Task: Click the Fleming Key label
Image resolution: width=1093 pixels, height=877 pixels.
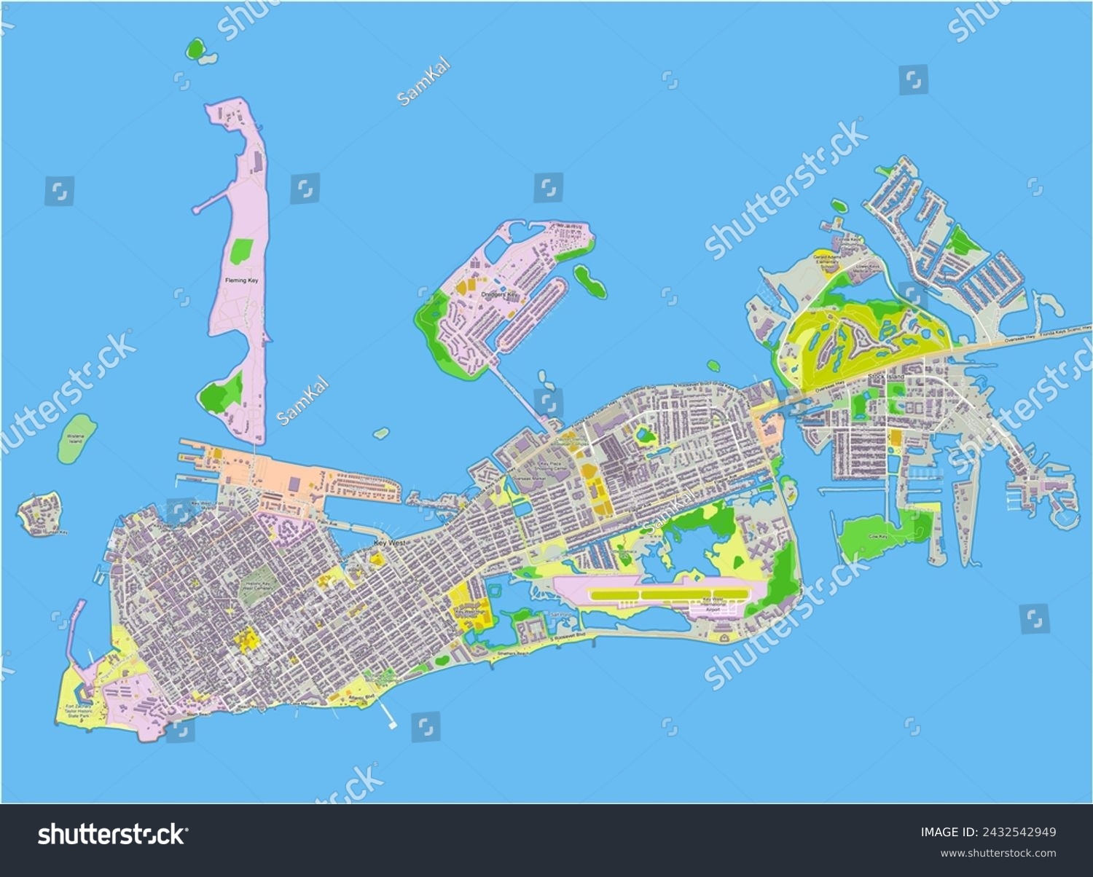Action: tap(240, 280)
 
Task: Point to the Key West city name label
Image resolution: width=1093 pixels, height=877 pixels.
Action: tap(389, 543)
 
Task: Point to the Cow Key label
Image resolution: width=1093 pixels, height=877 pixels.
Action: tap(878, 537)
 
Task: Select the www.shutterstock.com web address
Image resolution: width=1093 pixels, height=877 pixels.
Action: tap(998, 853)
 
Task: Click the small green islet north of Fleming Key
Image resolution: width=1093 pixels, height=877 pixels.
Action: tap(195, 50)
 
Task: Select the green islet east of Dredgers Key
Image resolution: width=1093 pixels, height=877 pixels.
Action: tap(589, 281)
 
